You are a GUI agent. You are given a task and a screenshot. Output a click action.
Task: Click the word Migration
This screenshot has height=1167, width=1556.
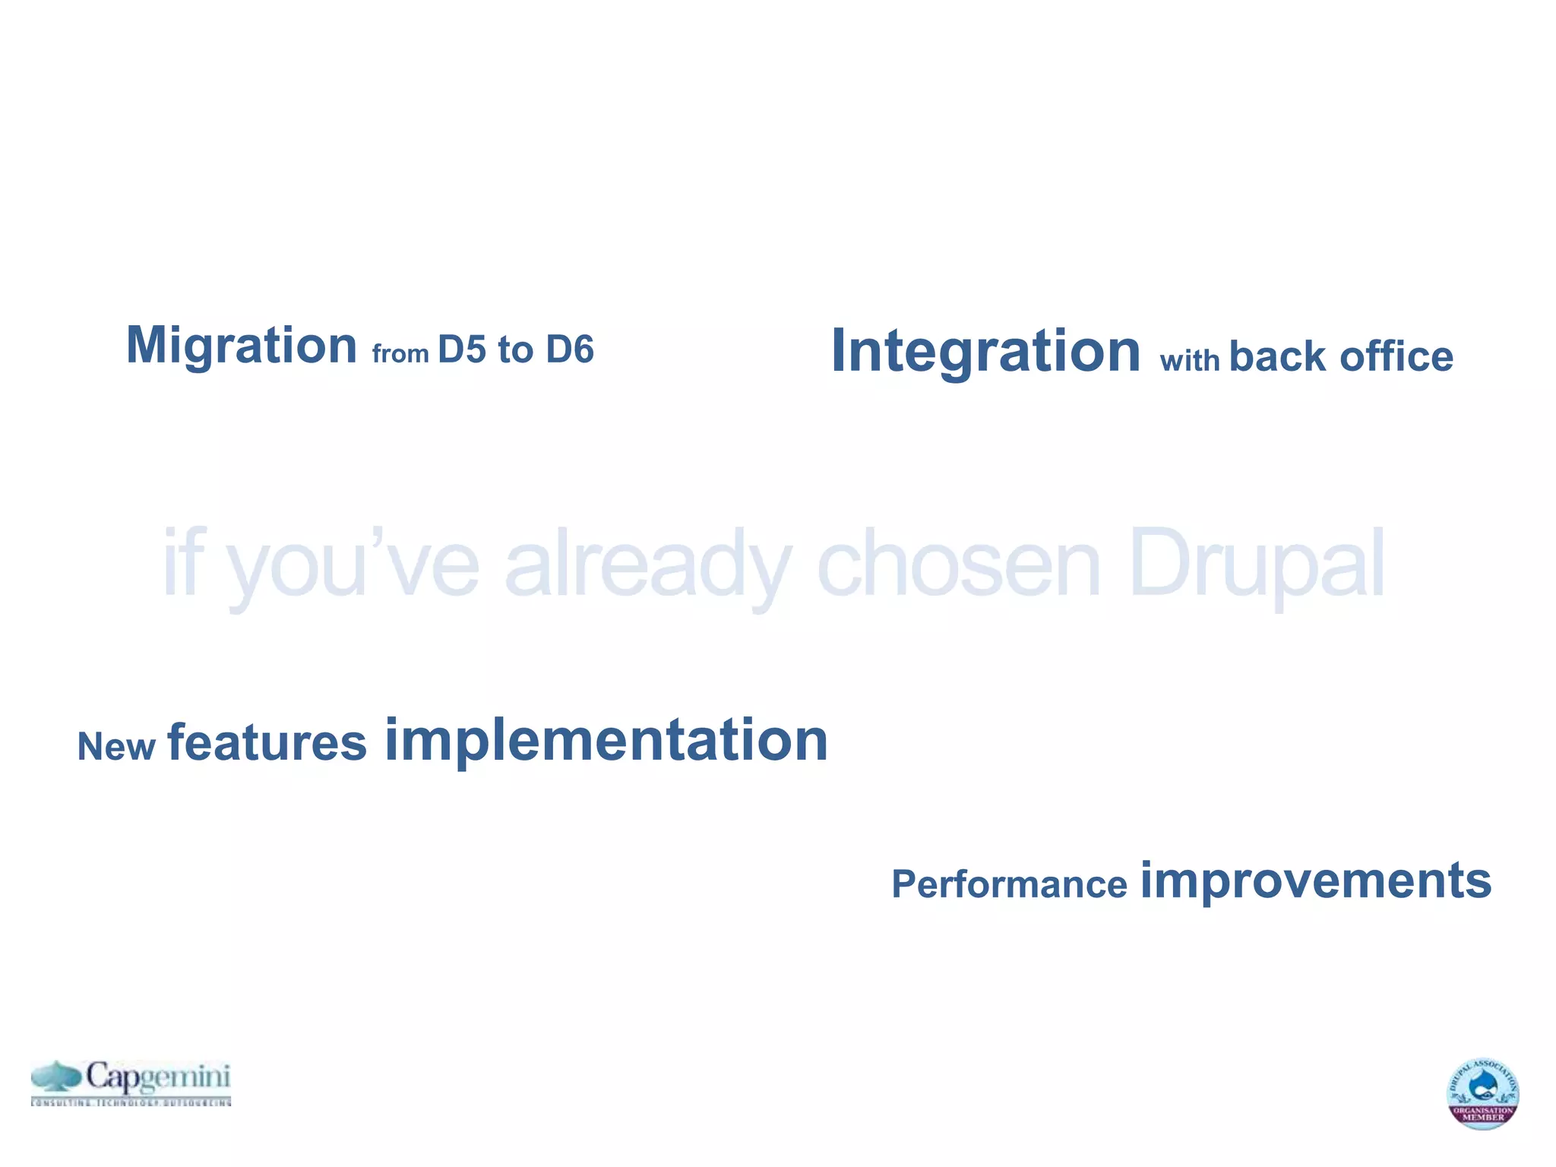tap(241, 346)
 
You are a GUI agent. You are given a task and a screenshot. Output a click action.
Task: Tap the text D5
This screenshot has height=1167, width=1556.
tap(461, 350)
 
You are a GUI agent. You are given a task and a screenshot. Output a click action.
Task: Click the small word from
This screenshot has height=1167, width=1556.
tap(400, 354)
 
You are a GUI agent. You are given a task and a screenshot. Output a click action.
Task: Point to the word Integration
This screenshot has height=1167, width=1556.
tap(985, 351)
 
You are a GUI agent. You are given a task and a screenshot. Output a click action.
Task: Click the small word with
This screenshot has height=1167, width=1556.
tap(1189, 360)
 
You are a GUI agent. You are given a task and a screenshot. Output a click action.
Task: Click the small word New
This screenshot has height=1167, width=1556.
tap(116, 747)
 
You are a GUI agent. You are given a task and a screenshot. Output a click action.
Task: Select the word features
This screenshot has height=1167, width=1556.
tap(267, 743)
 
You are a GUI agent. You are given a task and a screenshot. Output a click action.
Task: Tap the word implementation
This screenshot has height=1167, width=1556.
tap(606, 741)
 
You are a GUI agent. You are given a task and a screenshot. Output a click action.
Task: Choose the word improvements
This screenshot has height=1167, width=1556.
tap(1316, 881)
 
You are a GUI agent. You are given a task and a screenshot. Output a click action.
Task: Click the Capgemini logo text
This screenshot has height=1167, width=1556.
tap(157, 1077)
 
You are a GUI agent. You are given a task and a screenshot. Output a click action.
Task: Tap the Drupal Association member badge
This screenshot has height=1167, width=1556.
tap(1482, 1093)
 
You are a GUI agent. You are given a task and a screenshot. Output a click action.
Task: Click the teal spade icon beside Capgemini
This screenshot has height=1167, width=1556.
tap(56, 1077)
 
